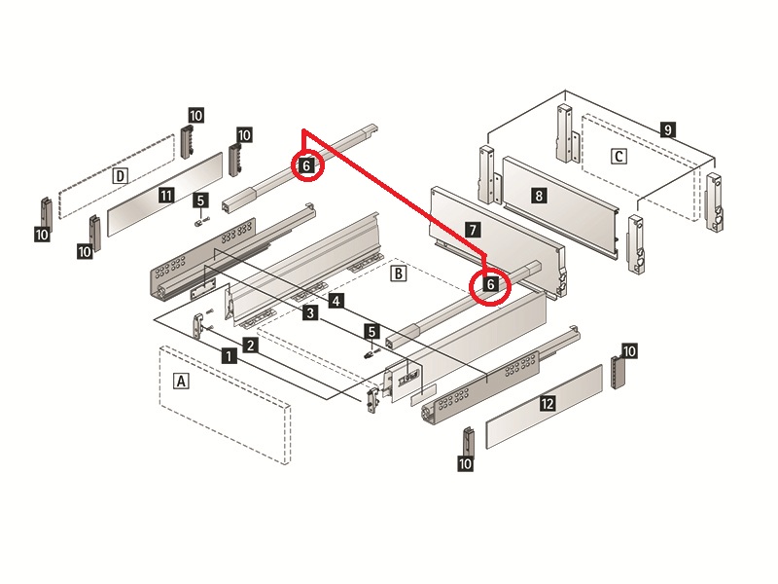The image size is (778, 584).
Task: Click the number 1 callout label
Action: (228, 356)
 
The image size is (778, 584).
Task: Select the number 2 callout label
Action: (250, 345)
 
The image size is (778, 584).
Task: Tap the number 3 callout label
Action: (309, 313)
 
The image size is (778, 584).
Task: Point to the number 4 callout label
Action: (335, 302)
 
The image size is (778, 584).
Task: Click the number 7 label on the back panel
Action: (472, 230)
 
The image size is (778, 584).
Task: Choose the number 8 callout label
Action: (539, 195)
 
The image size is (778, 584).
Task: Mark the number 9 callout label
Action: (666, 128)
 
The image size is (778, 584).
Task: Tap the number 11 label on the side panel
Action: (166, 196)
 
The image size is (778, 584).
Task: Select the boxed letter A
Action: (179, 382)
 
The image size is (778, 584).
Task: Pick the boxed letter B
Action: (397, 274)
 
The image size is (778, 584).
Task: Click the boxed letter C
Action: (619, 156)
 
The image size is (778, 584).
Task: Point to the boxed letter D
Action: (120, 176)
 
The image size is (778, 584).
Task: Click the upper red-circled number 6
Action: (306, 166)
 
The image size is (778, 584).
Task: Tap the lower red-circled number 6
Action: (491, 284)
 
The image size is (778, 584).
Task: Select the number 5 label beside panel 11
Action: (200, 201)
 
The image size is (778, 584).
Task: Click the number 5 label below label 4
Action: (371, 332)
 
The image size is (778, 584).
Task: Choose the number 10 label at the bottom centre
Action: (466, 464)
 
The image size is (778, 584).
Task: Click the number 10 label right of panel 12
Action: (629, 350)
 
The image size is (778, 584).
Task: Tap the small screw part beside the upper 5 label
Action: (199, 221)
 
